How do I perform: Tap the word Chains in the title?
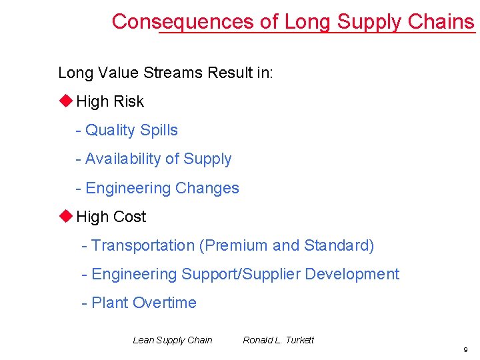(x=441, y=21)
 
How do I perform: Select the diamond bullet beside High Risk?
(x=65, y=101)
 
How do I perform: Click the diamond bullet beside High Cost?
(x=65, y=216)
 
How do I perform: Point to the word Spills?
(x=157, y=131)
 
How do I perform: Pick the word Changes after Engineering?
(x=207, y=188)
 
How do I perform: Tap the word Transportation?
(x=143, y=245)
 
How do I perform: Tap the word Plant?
(x=109, y=303)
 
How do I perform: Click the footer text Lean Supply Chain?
(x=173, y=340)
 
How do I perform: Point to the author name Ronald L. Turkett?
(x=278, y=340)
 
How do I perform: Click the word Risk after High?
(x=129, y=101)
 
